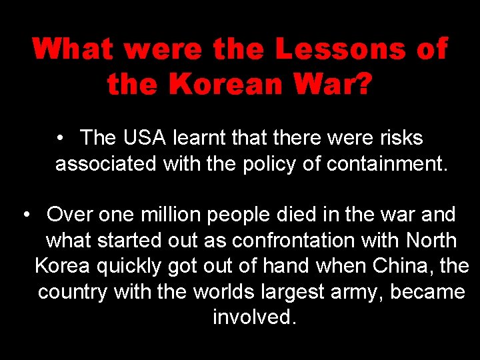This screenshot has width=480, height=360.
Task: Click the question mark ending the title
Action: (x=361, y=85)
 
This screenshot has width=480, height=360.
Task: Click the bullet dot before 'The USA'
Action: (x=60, y=139)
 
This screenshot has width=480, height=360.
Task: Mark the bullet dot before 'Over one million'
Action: (x=26, y=215)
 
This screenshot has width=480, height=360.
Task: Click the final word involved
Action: (x=253, y=317)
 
